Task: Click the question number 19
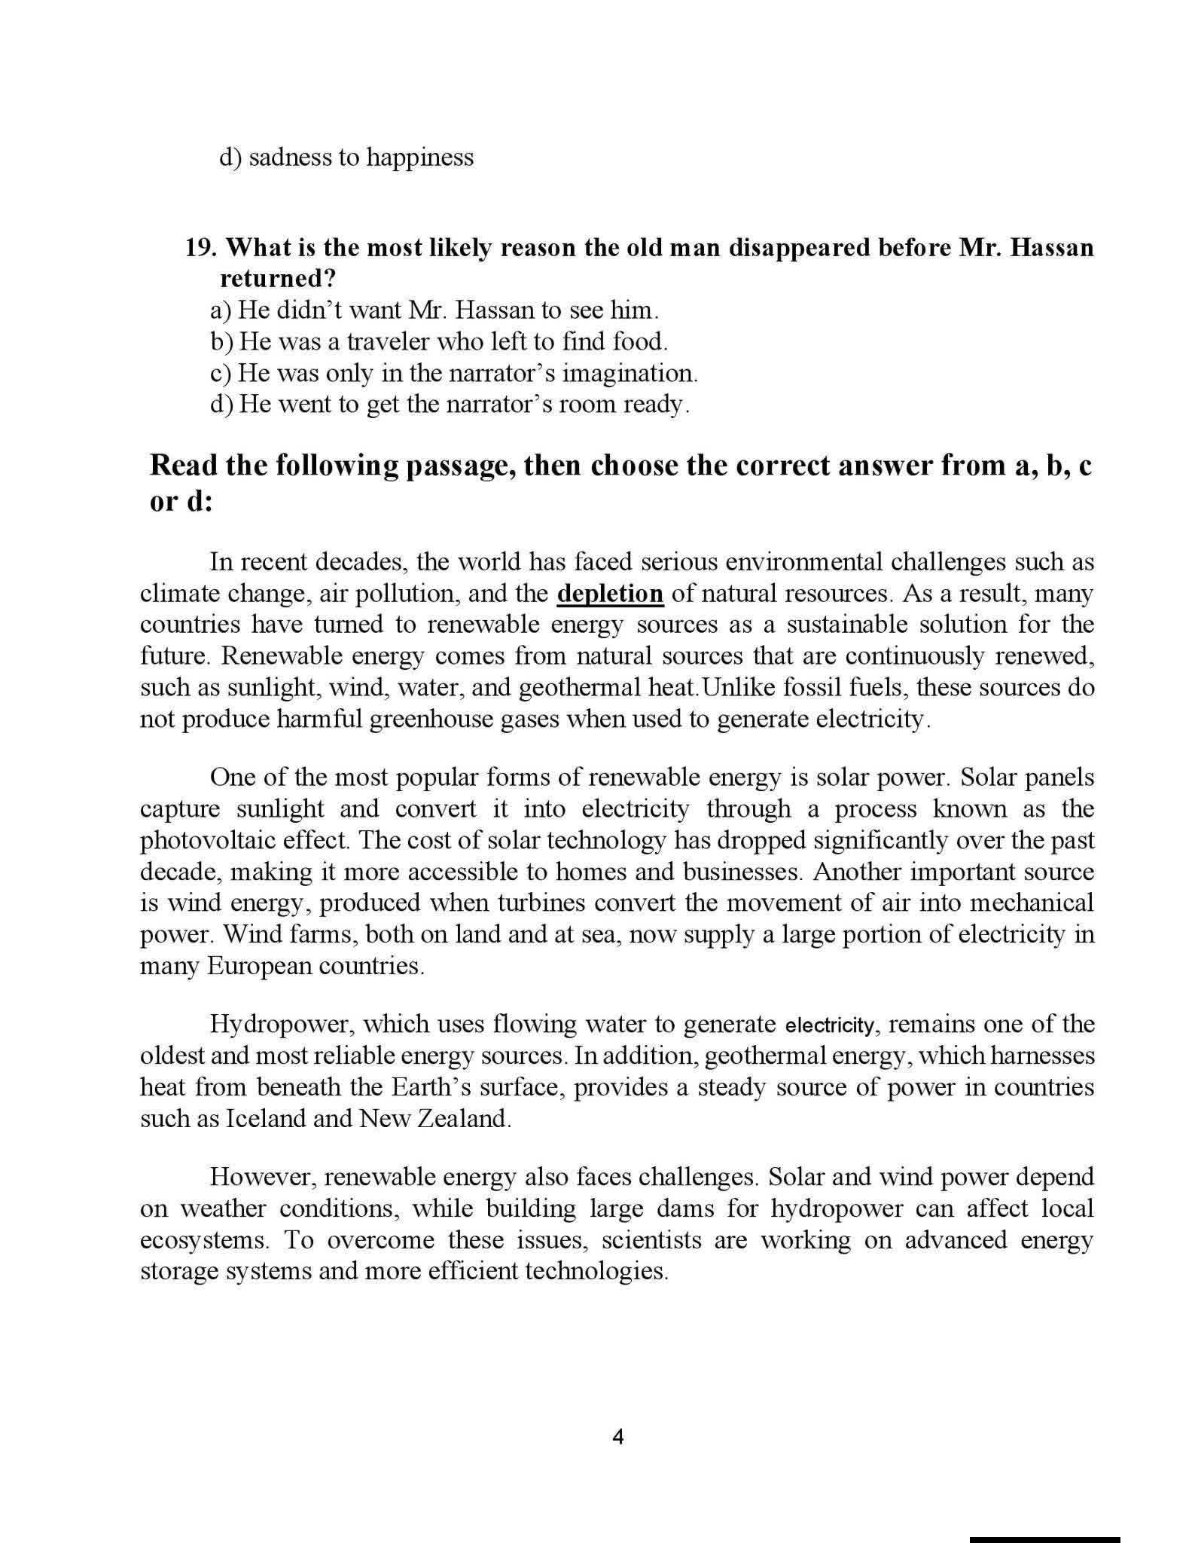(x=202, y=248)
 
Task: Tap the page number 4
(x=618, y=1437)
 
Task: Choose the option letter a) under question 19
(x=221, y=310)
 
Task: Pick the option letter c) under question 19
(x=220, y=374)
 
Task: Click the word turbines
(x=523, y=903)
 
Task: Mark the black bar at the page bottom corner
(x=1044, y=1538)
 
